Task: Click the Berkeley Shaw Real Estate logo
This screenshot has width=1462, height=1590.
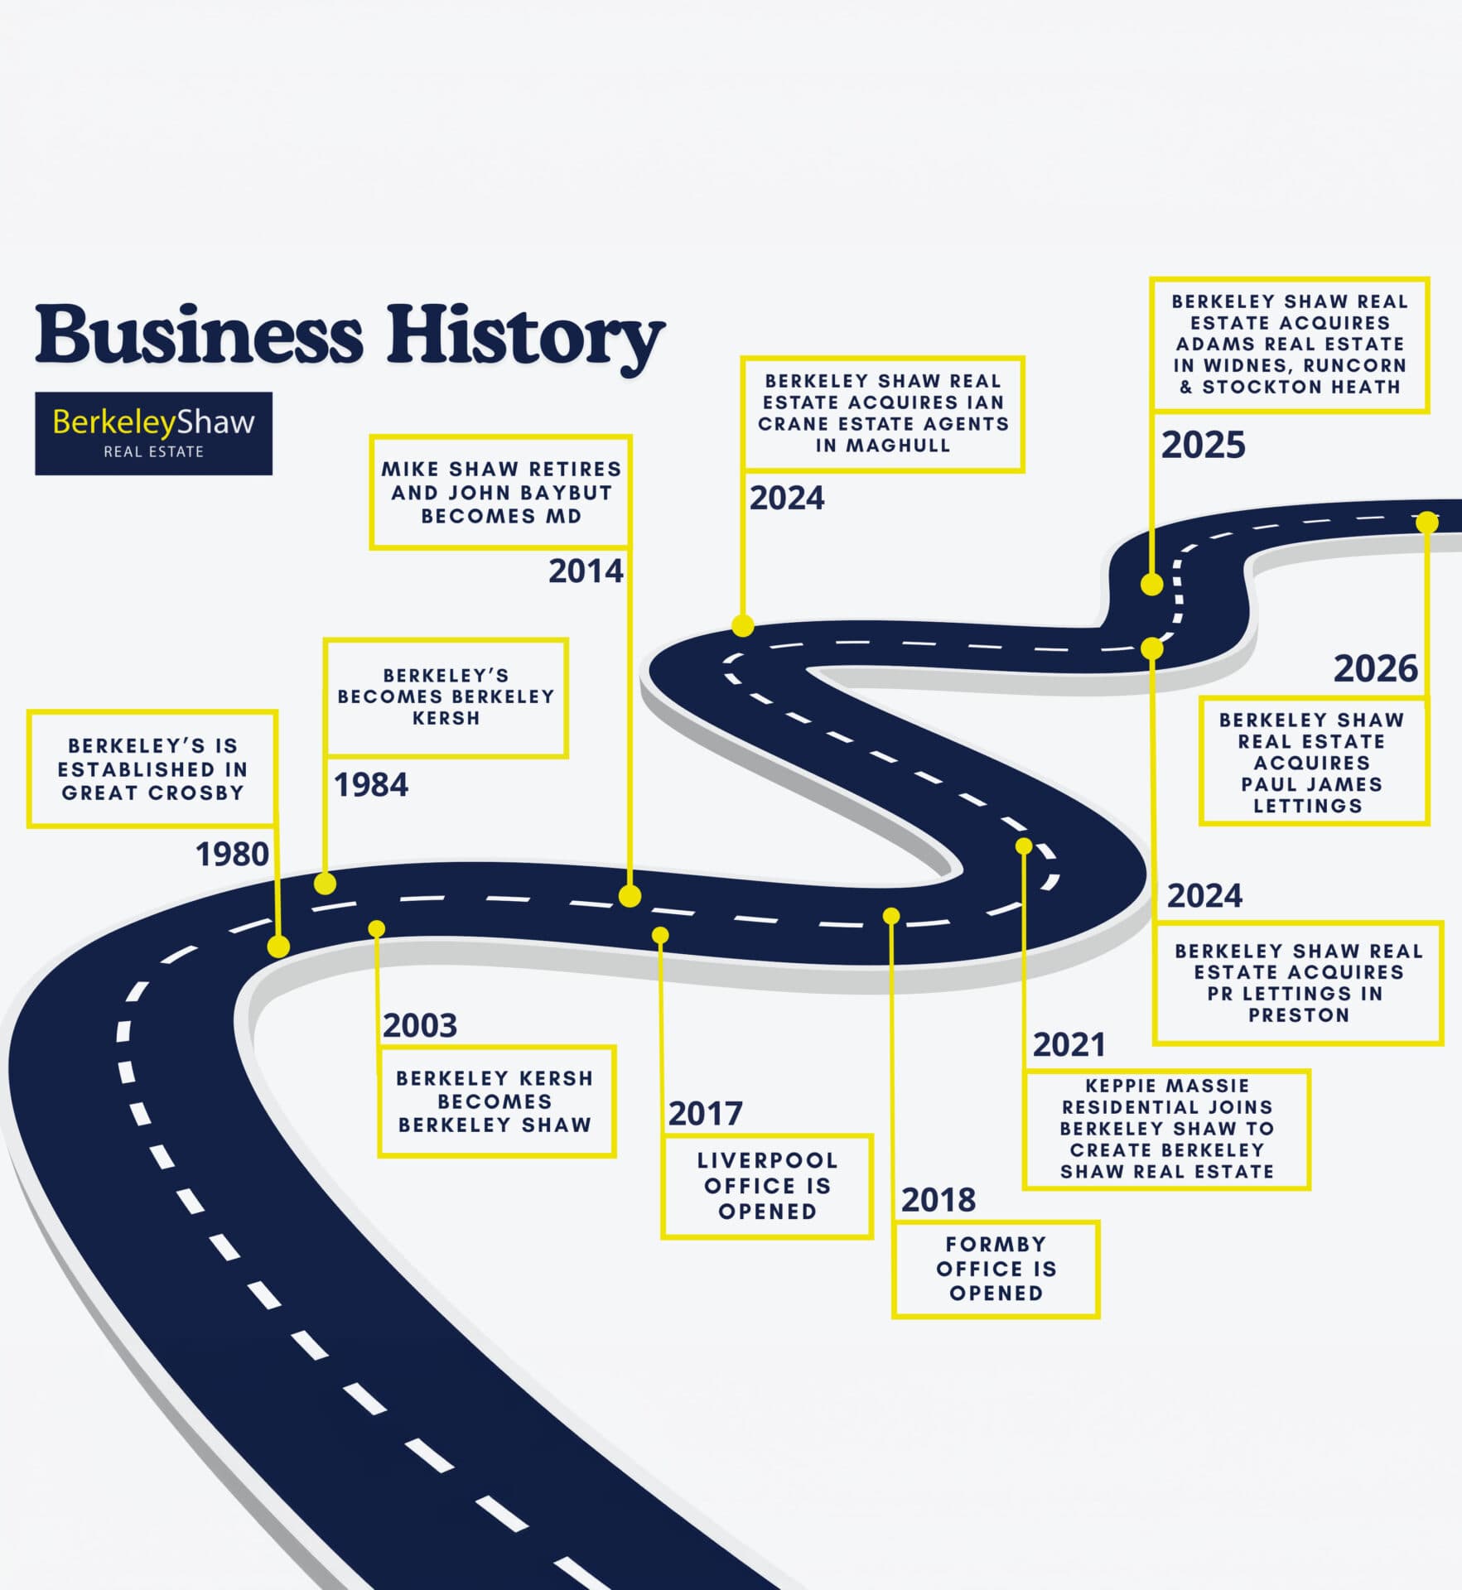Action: tap(153, 433)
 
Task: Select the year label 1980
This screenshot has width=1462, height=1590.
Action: tap(232, 854)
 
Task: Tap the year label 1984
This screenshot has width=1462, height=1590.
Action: tap(370, 784)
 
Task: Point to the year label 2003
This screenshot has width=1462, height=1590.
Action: tap(419, 1025)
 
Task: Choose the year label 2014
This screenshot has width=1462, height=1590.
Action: tap(586, 571)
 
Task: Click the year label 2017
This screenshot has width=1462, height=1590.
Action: tap(705, 1114)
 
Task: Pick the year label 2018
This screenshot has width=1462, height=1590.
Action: tap(938, 1200)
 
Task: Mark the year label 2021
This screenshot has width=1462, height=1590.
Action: tap(1069, 1045)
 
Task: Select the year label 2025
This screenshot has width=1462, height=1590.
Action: tap(1203, 445)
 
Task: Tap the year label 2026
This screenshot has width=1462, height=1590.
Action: tap(1376, 668)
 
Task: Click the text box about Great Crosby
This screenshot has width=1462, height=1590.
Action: tap(152, 768)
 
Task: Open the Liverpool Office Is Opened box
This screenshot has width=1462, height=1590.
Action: tap(767, 1186)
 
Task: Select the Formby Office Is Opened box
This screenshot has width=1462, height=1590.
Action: tap(996, 1269)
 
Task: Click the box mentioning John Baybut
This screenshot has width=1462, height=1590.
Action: tap(501, 492)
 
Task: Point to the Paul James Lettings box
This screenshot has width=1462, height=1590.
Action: tap(1314, 762)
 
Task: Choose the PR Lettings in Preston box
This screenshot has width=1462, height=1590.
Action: tap(1298, 982)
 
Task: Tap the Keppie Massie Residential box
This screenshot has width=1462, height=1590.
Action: tap(1166, 1129)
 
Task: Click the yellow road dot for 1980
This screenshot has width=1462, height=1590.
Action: tap(278, 947)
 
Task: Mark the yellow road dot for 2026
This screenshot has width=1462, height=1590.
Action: tap(1427, 522)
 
